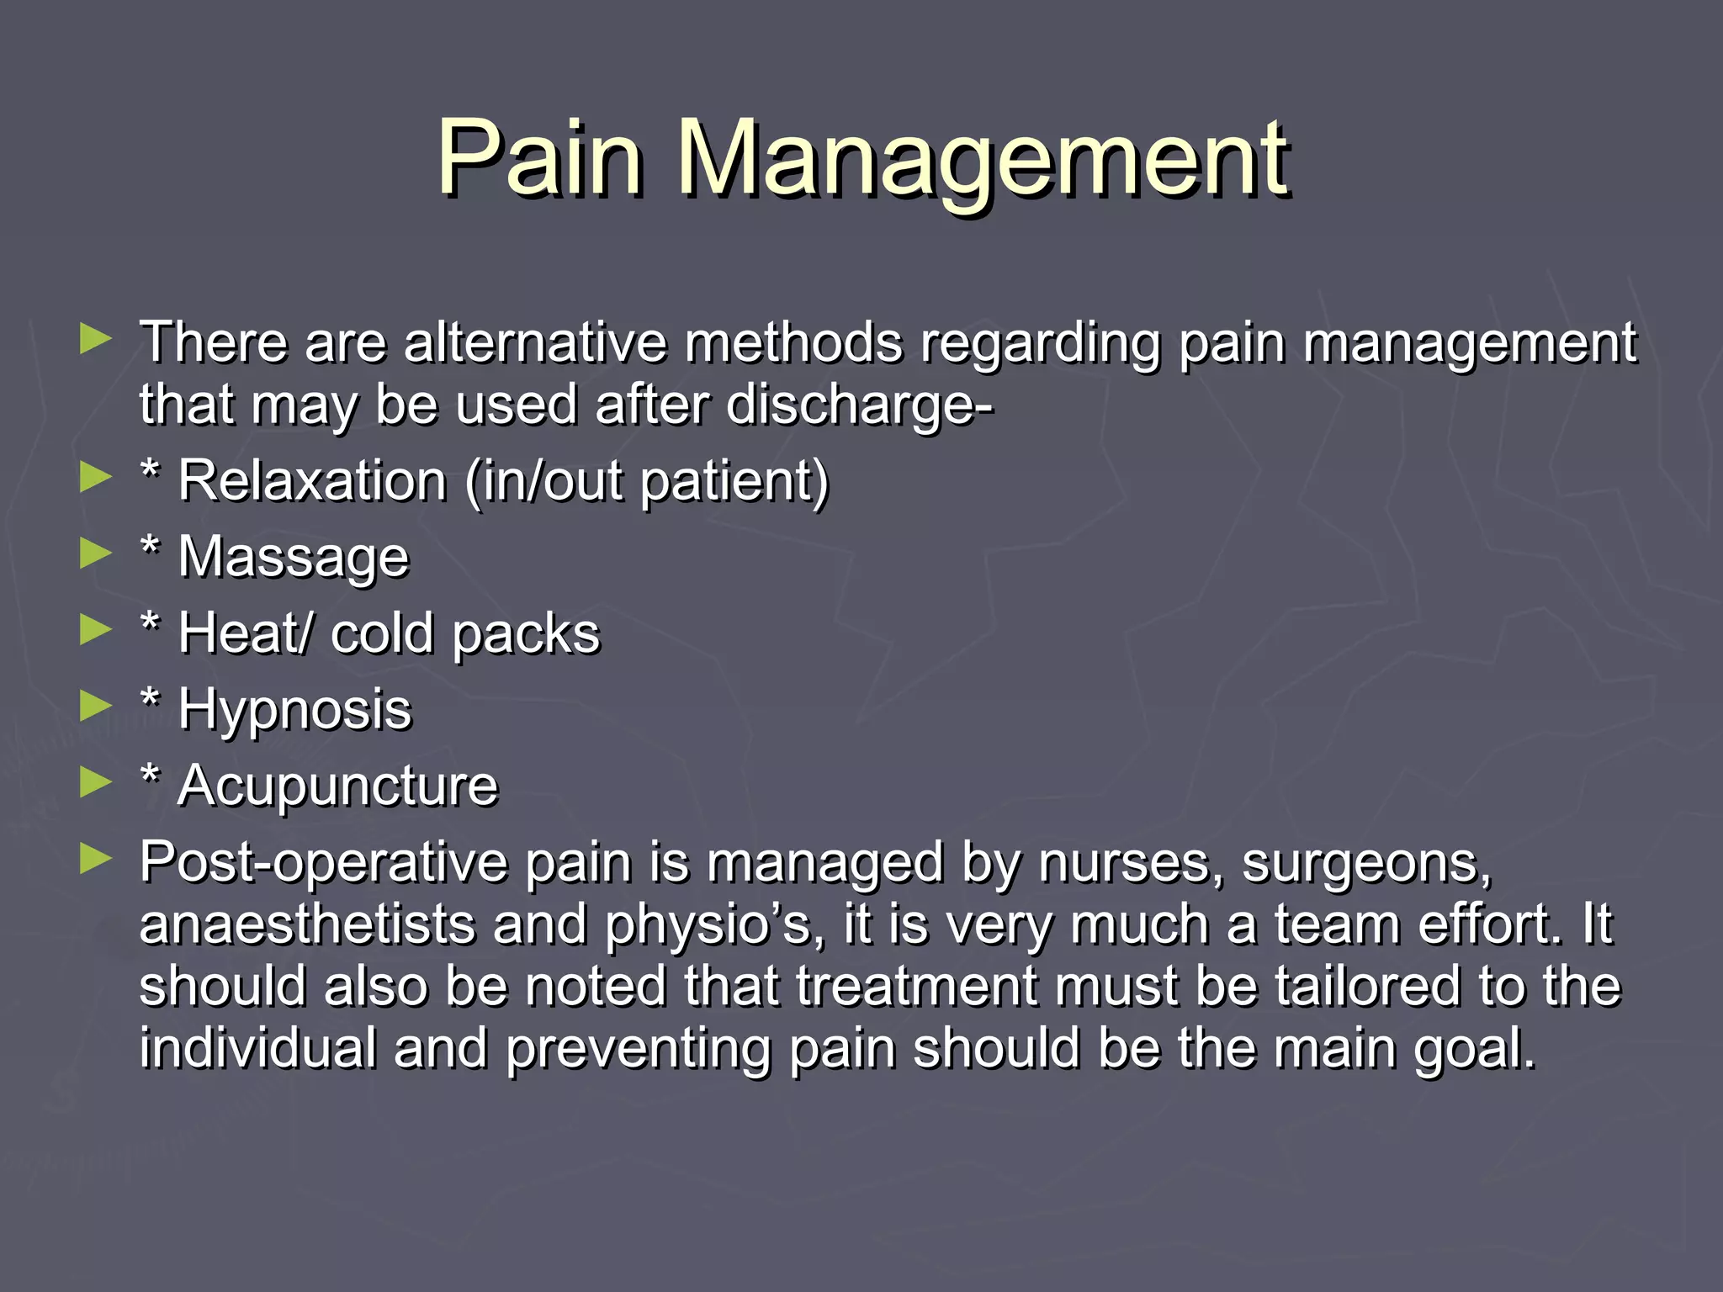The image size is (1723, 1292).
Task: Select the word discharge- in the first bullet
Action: (x=859, y=405)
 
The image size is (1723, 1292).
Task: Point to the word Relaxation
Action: (x=312, y=481)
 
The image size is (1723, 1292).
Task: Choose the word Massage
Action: (x=294, y=558)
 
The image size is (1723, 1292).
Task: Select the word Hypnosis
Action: (x=294, y=710)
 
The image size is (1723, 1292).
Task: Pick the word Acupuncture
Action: (x=338, y=786)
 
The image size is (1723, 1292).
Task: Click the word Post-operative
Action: (x=323, y=863)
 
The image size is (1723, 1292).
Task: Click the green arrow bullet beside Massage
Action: (x=95, y=553)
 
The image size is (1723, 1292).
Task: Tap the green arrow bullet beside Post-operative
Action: (x=95, y=858)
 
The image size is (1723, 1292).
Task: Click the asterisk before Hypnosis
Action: (x=150, y=700)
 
